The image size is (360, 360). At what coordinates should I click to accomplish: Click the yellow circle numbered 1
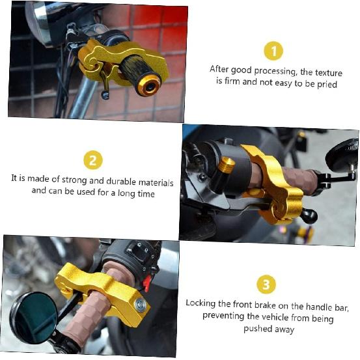coord(273,51)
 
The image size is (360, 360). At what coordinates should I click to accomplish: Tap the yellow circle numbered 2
coord(93,160)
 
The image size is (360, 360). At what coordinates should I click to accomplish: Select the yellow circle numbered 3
coord(266,284)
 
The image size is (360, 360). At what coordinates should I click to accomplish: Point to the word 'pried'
coord(327,85)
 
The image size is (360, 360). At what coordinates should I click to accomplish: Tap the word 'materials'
coord(156,182)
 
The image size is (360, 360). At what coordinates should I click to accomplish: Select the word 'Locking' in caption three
coord(201,303)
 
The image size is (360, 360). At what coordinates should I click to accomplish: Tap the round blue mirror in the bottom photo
coord(33,318)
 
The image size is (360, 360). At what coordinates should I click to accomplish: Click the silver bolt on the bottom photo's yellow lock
coord(141,305)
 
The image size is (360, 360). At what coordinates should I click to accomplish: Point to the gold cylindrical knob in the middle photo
coord(226,164)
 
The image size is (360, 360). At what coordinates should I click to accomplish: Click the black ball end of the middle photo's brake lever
coord(310,216)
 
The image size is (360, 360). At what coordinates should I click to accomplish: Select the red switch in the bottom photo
coord(146,283)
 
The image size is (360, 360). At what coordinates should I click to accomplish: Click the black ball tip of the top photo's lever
coord(105,95)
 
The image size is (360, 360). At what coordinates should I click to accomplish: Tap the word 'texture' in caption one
coord(329,72)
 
